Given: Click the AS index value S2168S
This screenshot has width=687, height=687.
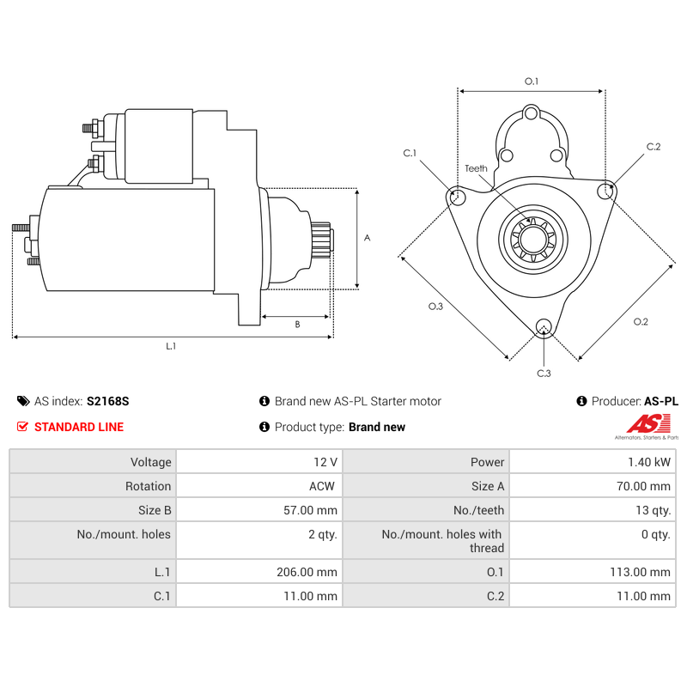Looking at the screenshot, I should point(107,401).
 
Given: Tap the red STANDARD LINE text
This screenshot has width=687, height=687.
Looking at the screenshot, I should point(79,427).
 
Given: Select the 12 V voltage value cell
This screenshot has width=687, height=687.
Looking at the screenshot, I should point(325,462).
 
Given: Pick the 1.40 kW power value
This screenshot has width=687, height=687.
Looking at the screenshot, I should point(649,462).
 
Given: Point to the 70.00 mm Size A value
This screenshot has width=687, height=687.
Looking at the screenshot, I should point(643,486).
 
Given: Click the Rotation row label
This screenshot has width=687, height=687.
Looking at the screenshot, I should point(149,486).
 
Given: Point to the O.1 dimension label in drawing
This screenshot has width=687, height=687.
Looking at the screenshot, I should point(532,82).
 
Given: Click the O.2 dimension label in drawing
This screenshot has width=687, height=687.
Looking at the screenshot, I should point(641,321).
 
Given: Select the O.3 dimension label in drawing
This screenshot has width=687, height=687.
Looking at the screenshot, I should point(435,307).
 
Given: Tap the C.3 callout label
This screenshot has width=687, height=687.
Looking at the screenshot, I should point(544,373).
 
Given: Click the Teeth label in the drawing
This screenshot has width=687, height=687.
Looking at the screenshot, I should point(476,168).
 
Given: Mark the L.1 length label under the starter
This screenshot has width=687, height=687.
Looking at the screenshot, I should point(170,346).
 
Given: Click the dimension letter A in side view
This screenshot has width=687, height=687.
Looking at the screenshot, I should point(367,238).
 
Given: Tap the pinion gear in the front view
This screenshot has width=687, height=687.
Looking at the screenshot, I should point(532,240).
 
